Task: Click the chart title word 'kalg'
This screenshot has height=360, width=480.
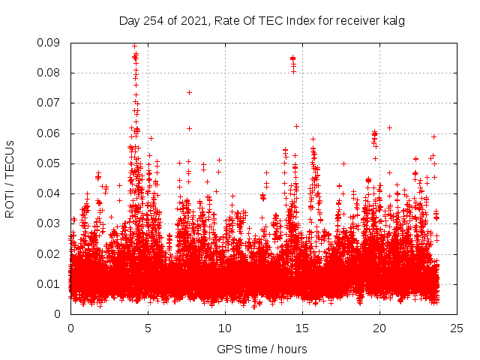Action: pyautogui.click(x=394, y=20)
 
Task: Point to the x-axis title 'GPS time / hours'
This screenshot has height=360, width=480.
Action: pyautogui.click(x=262, y=349)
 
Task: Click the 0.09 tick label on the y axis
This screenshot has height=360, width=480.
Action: pyautogui.click(x=50, y=43)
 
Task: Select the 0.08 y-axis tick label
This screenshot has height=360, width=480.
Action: pyautogui.click(x=50, y=73)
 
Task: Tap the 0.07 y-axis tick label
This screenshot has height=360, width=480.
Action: pyautogui.click(x=50, y=103)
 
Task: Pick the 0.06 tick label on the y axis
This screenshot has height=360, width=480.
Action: pyautogui.click(x=50, y=133)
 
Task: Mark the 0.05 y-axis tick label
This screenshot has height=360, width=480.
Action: pyautogui.click(x=50, y=163)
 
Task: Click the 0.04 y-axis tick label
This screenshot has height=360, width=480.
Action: pyautogui.click(x=50, y=193)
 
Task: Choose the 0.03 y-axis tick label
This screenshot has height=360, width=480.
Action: pyautogui.click(x=50, y=223)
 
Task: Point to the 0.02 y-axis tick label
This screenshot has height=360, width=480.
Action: pyautogui.click(x=50, y=253)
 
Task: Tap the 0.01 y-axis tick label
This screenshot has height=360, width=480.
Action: pyautogui.click(x=50, y=283)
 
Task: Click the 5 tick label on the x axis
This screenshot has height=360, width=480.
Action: pyautogui.click(x=148, y=328)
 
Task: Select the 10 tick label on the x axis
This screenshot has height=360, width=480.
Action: pyautogui.click(x=225, y=328)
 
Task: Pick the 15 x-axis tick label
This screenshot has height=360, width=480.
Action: pyautogui.click(x=302, y=328)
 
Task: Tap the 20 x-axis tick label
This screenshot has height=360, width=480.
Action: pyautogui.click(x=379, y=328)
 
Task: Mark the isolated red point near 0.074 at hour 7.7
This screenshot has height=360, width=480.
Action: pyautogui.click(x=189, y=92)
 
